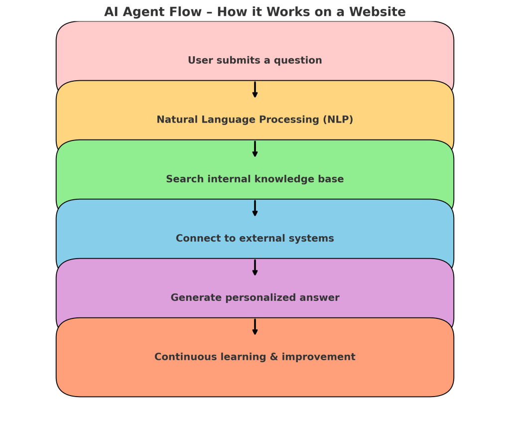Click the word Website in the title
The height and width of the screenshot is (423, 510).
[x=378, y=12]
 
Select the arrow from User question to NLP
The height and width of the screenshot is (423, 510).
[x=255, y=90]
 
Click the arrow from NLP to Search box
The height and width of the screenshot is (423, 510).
[x=255, y=148]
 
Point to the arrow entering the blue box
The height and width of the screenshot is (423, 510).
[x=255, y=208]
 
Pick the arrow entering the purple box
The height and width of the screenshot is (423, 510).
[x=255, y=268]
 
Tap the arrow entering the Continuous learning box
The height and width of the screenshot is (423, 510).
[x=255, y=327]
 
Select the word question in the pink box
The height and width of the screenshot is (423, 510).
[x=298, y=61]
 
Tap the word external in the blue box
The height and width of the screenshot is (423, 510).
[x=262, y=238]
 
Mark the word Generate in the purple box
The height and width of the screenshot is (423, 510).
[x=196, y=297]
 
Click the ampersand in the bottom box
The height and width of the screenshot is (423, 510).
[x=274, y=357]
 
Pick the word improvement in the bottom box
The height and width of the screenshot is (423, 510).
[x=318, y=357]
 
